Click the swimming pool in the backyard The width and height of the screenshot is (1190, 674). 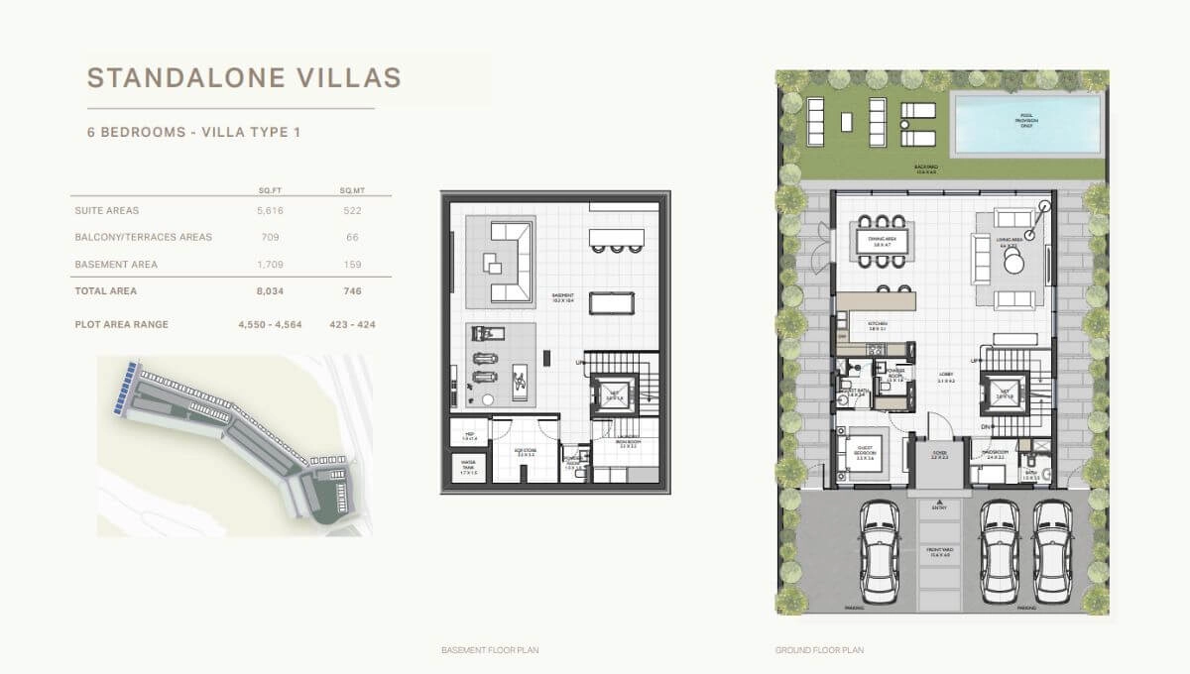(1025, 123)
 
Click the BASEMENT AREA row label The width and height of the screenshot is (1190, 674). (116, 265)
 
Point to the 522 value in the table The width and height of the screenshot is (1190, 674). (351, 210)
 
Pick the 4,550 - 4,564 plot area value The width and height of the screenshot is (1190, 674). (270, 324)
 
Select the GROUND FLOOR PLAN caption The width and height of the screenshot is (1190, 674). (819, 650)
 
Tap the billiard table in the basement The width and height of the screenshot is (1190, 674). (611, 301)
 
